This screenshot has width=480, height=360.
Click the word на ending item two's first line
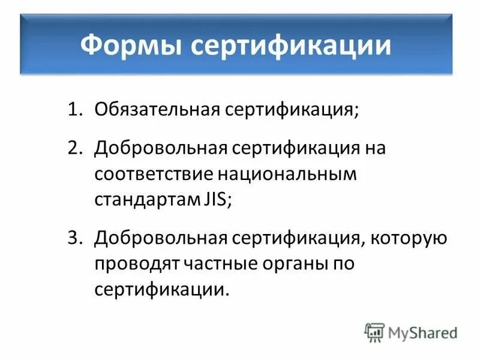click(373, 148)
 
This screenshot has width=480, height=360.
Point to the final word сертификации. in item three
click(162, 290)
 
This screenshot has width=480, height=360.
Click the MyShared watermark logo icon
click(374, 331)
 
